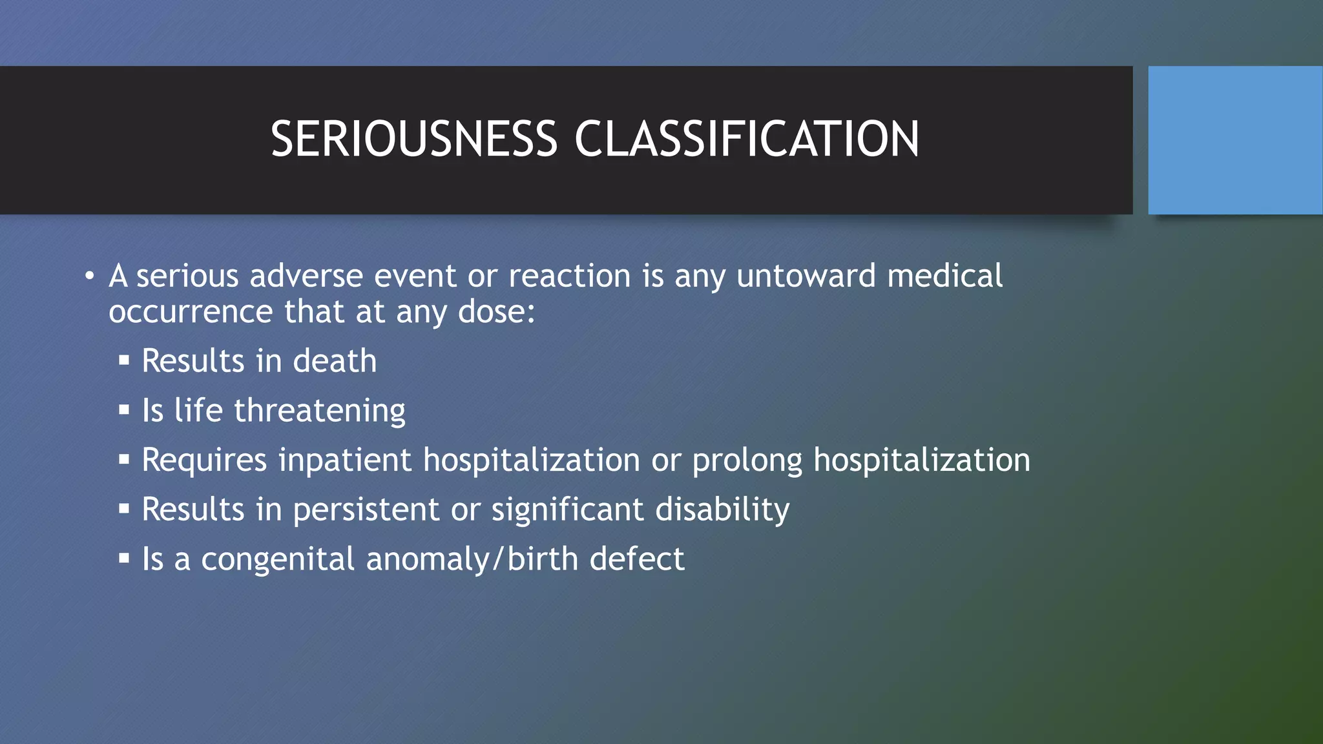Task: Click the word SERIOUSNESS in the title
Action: [413, 139]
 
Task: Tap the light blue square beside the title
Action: [1234, 140]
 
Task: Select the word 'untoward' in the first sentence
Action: [806, 276]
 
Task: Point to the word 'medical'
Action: [944, 276]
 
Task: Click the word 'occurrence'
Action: [191, 312]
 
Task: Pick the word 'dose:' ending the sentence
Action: [497, 312]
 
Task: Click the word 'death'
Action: [335, 360]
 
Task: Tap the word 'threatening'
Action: [320, 411]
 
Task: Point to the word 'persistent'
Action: [366, 510]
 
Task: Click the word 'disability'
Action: [722, 510]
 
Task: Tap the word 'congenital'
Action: [278, 559]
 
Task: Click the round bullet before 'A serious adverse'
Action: [90, 277]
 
